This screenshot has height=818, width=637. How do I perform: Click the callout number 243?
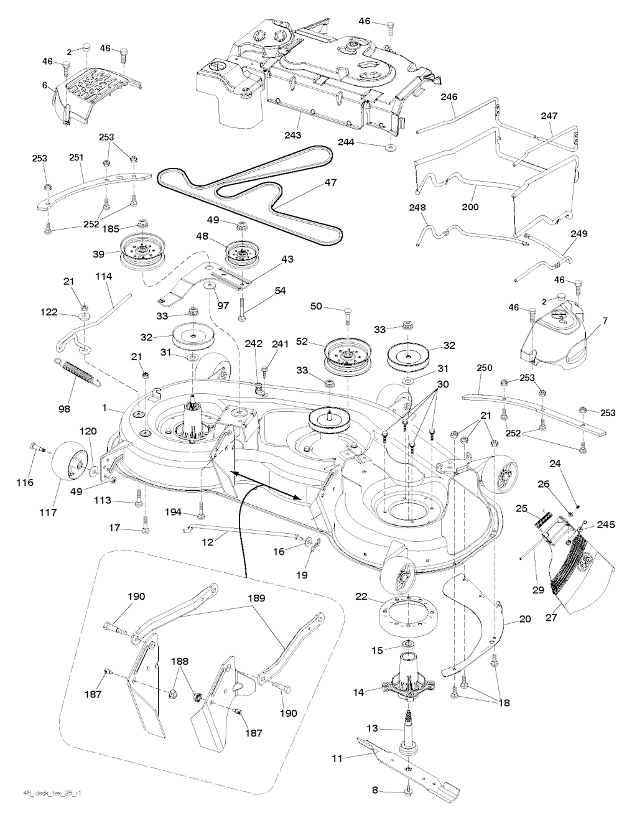(x=293, y=135)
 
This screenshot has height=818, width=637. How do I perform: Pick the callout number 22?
(x=361, y=597)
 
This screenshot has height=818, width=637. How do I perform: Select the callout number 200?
(x=471, y=207)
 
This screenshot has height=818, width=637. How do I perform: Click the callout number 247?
(x=549, y=116)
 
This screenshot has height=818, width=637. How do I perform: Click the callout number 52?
(x=319, y=341)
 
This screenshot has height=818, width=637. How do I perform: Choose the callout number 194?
(x=174, y=512)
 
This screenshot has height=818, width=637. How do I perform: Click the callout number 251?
(x=76, y=158)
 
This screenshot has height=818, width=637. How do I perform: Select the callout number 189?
(x=256, y=598)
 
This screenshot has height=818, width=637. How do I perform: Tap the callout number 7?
(x=603, y=322)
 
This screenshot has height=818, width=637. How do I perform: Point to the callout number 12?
(x=207, y=542)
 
